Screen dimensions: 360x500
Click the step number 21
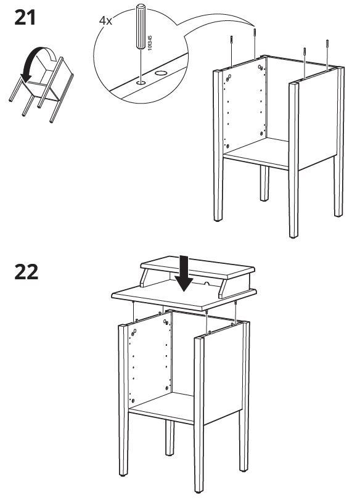(x=25, y=18)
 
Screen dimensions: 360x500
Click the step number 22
(x=26, y=272)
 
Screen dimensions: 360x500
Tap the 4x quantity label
(x=105, y=21)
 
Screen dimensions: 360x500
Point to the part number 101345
(x=150, y=43)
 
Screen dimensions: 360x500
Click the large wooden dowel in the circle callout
(x=141, y=26)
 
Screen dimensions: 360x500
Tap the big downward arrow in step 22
(x=184, y=273)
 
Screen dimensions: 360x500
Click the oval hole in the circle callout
(x=161, y=73)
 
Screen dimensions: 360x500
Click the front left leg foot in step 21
(x=218, y=219)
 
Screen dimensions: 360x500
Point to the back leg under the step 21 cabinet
(x=264, y=183)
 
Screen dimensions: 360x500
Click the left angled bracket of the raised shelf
(x=145, y=278)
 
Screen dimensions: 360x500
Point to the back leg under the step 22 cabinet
(x=170, y=438)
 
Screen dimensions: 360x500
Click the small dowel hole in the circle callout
(x=141, y=83)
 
